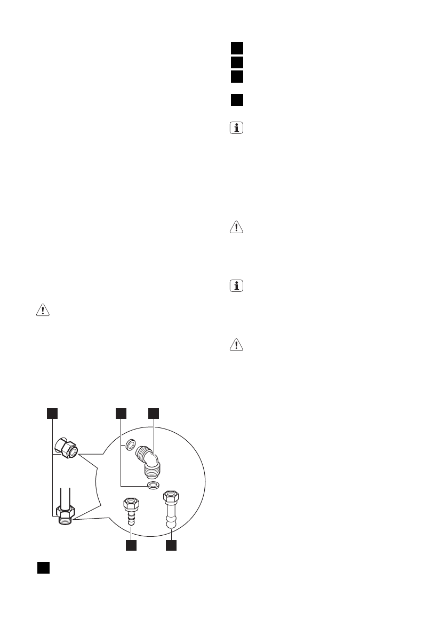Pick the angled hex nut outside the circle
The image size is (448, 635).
click(66, 447)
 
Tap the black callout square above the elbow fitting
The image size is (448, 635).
click(154, 413)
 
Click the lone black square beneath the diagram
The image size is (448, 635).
click(43, 567)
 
